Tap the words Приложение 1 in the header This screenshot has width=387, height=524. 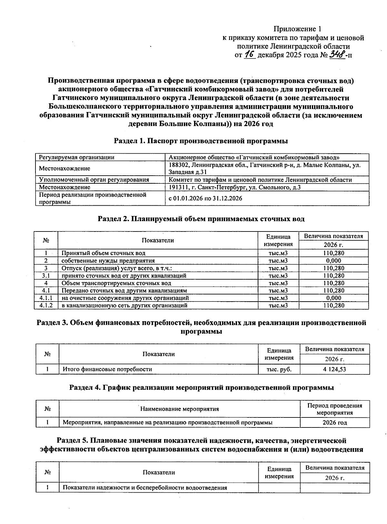[x=297, y=29]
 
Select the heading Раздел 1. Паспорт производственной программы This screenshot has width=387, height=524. [x=201, y=141]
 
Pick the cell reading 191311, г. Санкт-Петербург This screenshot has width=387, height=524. [x=235, y=187]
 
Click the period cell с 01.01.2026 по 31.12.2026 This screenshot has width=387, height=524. [x=205, y=198]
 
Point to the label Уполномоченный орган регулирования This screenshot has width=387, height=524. [x=94, y=180]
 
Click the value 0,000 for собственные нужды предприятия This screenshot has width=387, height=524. [x=333, y=261]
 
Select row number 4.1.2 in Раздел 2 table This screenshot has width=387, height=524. [x=46, y=305]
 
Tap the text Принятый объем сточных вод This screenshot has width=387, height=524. [x=104, y=253]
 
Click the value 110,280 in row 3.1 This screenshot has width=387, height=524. [x=333, y=276]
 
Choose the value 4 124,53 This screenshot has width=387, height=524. [x=334, y=369]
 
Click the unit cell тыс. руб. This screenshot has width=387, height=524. [x=279, y=369]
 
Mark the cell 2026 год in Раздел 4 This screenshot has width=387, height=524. [x=335, y=422]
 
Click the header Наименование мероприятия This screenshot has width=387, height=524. [x=179, y=409]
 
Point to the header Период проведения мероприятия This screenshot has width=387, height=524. [x=335, y=409]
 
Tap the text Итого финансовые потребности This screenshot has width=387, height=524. [x=107, y=369]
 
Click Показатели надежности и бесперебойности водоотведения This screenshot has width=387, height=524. [x=145, y=488]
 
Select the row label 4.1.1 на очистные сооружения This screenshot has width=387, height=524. [x=125, y=298]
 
